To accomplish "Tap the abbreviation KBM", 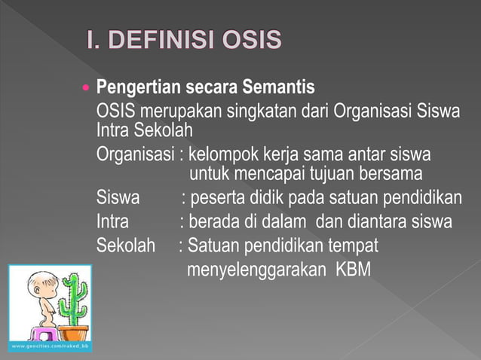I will tap(353, 268).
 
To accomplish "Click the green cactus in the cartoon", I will tap(73, 301).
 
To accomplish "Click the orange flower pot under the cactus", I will tap(73, 332).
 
